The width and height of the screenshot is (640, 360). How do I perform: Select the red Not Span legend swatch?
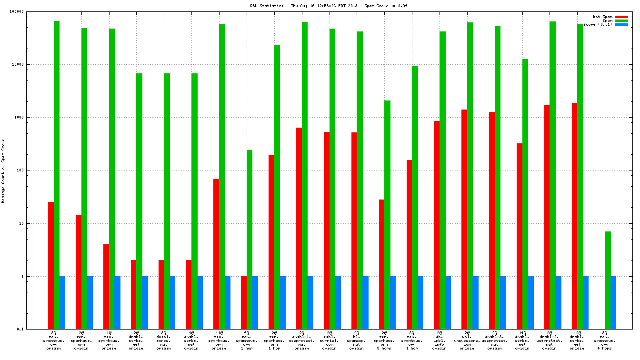[621, 17]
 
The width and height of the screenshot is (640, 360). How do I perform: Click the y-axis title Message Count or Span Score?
[3, 170]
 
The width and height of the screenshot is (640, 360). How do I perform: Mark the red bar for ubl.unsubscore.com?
[464, 219]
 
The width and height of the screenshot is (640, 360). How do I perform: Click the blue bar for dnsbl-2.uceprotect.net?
[558, 302]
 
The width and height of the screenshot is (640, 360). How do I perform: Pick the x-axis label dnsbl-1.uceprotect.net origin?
[302, 341]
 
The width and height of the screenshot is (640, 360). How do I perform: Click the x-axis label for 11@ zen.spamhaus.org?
[219, 341]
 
